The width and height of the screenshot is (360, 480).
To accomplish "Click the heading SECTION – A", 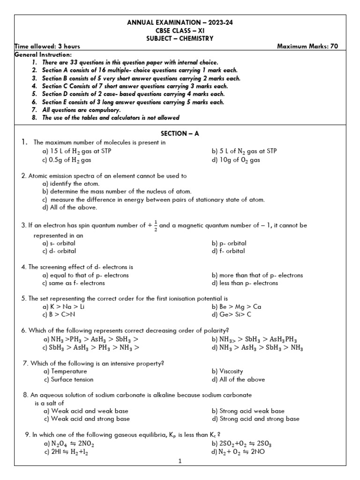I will (x=180, y=133).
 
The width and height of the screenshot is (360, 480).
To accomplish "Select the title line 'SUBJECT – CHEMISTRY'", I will (x=180, y=38).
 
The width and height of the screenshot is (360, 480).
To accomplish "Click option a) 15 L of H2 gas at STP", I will (x=77, y=151).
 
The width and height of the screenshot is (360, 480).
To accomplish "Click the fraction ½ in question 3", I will (x=155, y=225).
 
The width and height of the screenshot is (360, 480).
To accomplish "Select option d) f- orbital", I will (x=228, y=251).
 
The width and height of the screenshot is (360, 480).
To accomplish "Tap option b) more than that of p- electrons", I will (x=257, y=275).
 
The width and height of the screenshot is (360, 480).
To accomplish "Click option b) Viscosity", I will (x=227, y=371).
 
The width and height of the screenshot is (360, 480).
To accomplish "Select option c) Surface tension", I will (x=68, y=380).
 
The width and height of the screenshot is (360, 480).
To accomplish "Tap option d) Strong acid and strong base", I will (x=255, y=419).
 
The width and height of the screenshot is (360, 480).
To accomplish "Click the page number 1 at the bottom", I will (x=180, y=461).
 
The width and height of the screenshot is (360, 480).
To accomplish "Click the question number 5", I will (x=23, y=298).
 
